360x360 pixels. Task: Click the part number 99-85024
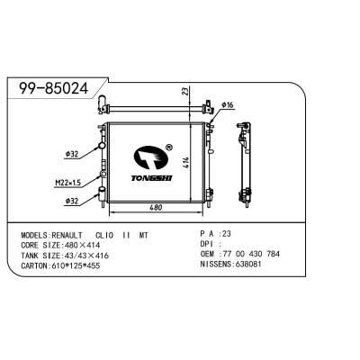[x=55, y=87]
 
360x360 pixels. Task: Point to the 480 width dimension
[x=157, y=207]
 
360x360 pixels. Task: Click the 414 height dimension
[x=184, y=163]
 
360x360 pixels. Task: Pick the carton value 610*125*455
[x=79, y=265]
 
